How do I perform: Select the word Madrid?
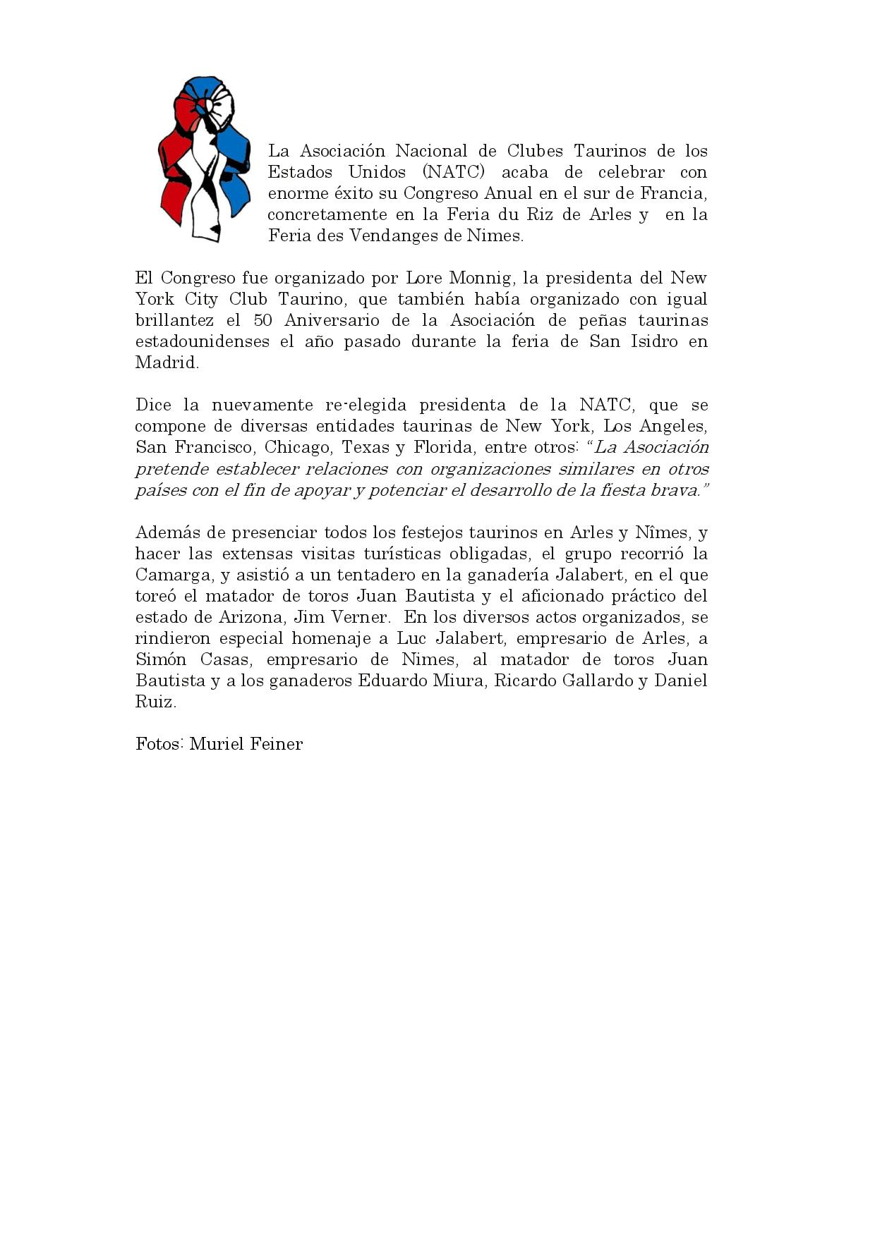tap(167, 363)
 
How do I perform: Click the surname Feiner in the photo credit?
tap(276, 745)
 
